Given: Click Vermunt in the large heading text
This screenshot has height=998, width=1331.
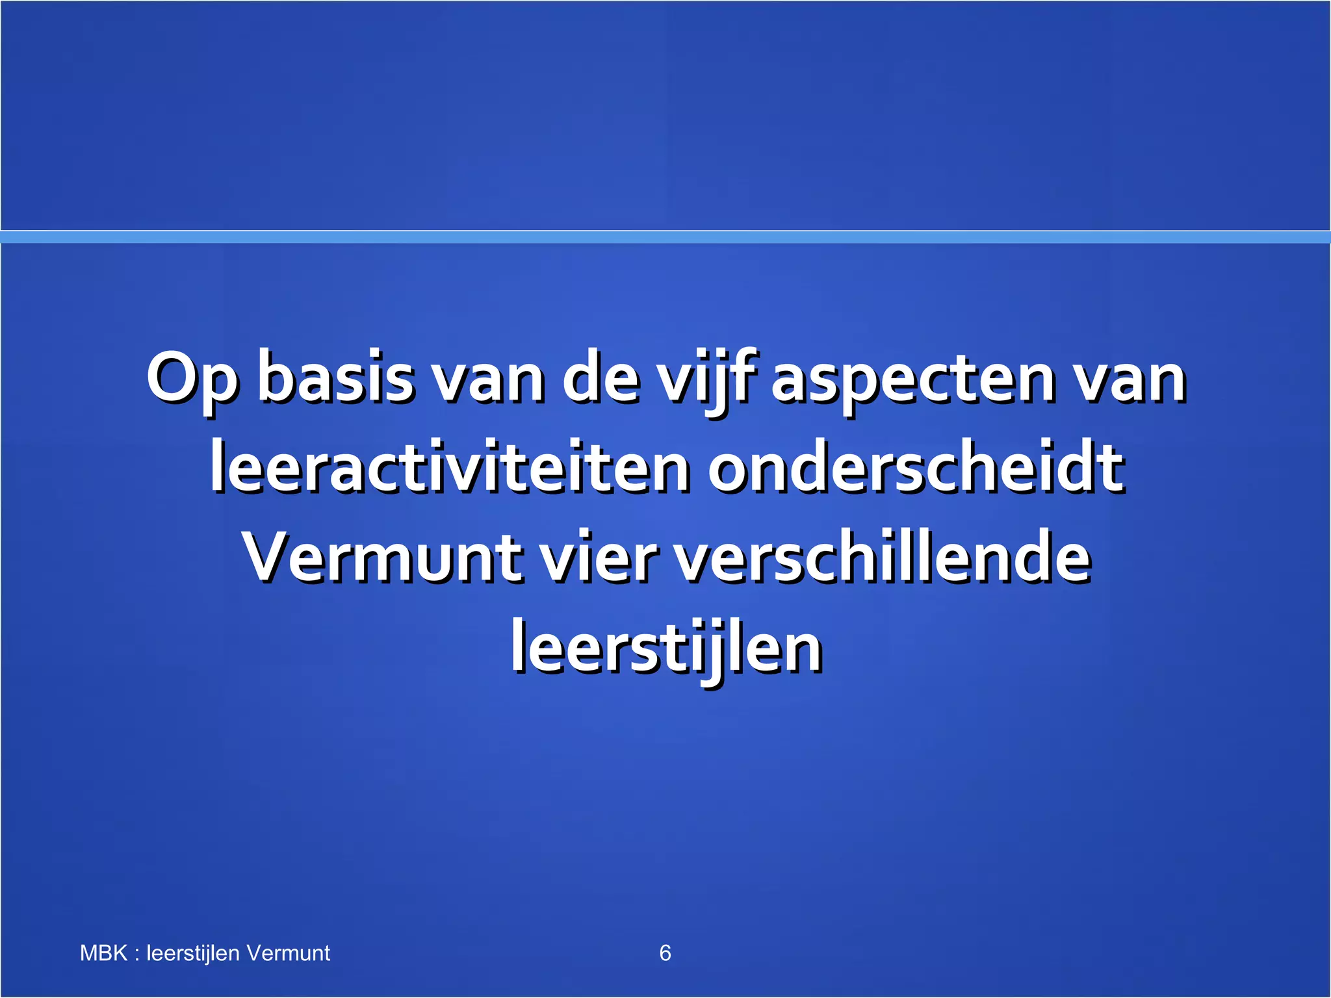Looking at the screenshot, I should coord(382,557).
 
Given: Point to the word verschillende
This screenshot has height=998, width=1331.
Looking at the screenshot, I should coord(883,557).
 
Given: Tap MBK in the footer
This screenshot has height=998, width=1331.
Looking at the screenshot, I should coord(103,953).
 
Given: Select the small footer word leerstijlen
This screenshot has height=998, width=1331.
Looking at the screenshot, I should coord(193,953).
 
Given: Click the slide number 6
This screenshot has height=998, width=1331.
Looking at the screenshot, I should coord(665,953).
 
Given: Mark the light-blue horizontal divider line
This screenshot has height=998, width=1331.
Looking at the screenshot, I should coord(665,237).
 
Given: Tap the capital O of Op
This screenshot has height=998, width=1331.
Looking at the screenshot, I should coord(172,377).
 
